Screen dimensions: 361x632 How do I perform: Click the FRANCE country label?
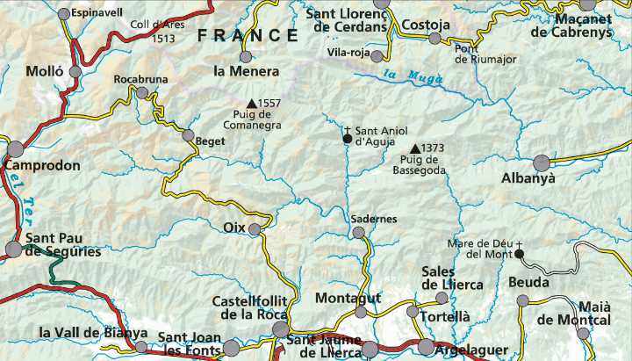point(248,36)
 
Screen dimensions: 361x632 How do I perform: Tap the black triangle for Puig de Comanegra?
point(252,104)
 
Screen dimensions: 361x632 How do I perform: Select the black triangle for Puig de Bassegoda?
point(415,148)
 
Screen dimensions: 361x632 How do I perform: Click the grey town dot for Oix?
point(255,229)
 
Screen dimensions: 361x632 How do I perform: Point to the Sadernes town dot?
point(358,233)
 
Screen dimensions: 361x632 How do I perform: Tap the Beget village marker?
point(188,135)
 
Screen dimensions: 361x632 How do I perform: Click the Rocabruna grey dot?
point(141,92)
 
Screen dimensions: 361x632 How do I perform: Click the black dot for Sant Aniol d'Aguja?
point(348,139)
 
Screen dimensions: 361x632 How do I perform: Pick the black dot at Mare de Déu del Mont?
point(519,255)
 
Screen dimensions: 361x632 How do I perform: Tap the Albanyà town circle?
point(542,162)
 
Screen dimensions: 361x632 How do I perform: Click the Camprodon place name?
point(42,165)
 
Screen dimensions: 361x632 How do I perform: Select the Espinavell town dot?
point(63,14)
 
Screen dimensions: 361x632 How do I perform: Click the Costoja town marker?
point(434,38)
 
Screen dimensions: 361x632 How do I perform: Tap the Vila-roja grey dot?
point(377,56)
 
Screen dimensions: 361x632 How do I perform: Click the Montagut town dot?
point(361,312)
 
